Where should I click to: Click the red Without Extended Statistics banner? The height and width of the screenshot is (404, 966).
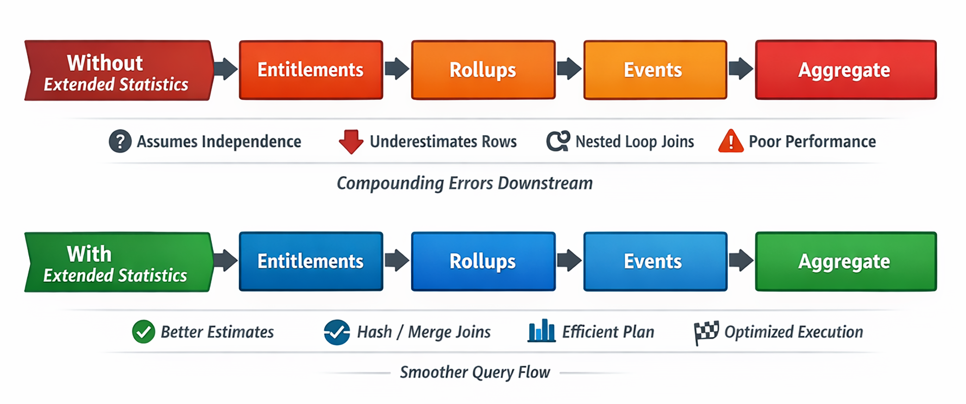coord(118,70)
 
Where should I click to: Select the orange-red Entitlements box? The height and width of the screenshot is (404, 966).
coord(311,70)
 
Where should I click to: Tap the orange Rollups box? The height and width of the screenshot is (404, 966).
coord(483,70)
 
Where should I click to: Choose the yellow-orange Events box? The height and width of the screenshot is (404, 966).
coord(654,70)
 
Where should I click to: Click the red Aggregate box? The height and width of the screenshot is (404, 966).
coord(845,70)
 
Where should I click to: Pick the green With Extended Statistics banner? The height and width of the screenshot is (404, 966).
coord(118,262)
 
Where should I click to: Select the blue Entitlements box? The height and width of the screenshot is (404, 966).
coord(311,261)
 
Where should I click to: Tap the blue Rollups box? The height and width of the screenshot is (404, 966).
coord(483,261)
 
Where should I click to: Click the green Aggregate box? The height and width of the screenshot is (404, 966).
coord(845,261)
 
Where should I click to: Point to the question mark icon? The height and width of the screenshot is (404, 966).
coord(120,141)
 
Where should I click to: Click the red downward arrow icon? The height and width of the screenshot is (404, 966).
coord(351,141)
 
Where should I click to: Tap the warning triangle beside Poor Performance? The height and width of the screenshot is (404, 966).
coord(730,141)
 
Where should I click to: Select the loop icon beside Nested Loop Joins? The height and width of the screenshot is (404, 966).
coord(558,141)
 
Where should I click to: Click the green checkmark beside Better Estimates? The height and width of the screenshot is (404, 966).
coord(143,332)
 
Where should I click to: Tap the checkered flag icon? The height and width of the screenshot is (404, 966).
coord(706,332)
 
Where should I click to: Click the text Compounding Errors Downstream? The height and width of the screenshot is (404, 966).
coord(464,183)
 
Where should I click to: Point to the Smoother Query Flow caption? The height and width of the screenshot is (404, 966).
coord(474,372)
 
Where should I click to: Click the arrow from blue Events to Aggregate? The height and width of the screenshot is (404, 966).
coord(741,261)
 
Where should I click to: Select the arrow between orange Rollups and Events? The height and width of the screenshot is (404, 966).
coord(569,69)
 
